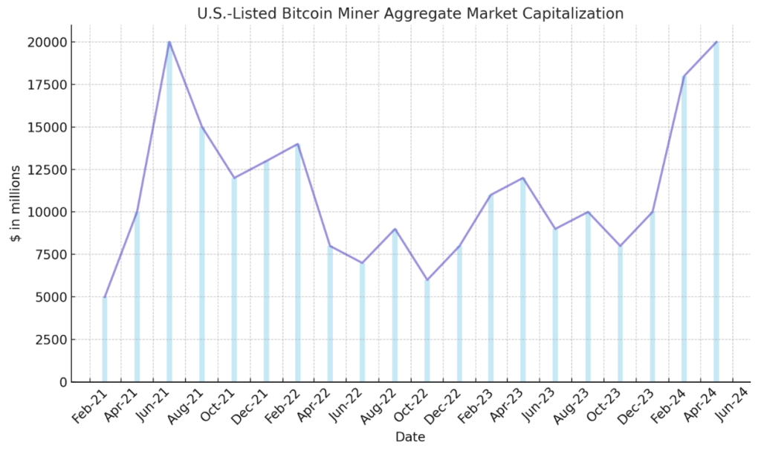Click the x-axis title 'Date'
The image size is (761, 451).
click(410, 437)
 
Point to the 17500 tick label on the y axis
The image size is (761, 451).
click(44, 85)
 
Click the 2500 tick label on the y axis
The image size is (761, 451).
click(48, 340)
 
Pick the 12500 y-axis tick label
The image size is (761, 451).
click(44, 169)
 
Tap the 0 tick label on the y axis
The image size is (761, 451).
click(62, 382)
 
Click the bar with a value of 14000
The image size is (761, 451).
click(298, 263)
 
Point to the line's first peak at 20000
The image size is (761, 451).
click(169, 42)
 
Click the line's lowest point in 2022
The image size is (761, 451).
click(427, 280)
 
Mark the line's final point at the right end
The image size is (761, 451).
click(716, 42)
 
